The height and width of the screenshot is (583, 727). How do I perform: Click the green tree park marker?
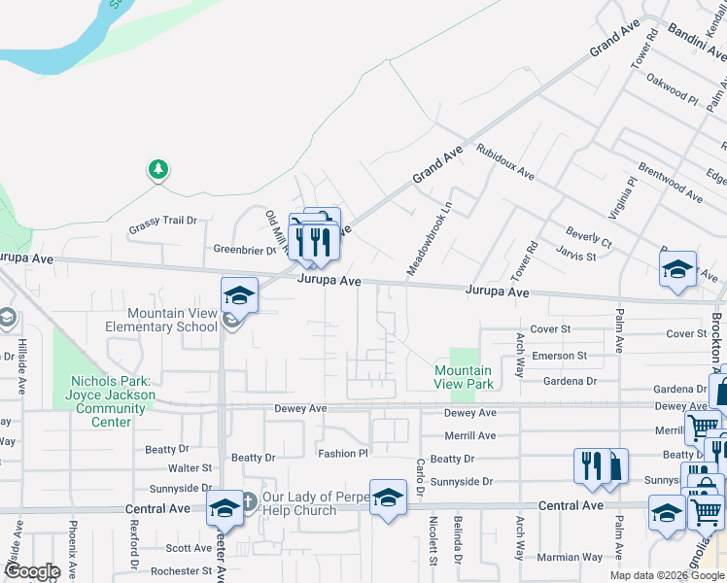pos(157,171)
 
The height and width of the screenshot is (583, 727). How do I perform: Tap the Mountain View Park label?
pos(463,377)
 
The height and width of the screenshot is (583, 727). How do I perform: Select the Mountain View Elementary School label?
pos(161,320)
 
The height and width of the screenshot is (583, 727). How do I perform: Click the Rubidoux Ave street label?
pos(504,162)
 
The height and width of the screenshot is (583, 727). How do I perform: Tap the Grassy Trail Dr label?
pos(163,221)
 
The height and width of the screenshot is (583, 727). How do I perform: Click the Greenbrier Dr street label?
pos(246,250)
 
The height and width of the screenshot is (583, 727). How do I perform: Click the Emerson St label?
pos(560,357)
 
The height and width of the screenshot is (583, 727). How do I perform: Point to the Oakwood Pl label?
pos(673,88)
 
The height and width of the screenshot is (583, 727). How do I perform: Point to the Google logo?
pos(31,570)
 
